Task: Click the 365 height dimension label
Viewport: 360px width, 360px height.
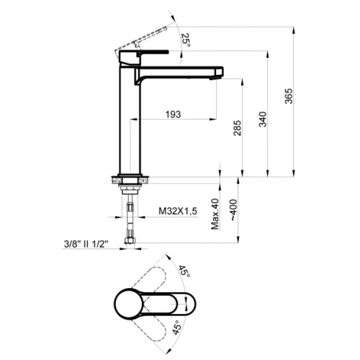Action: pyautogui.click(x=289, y=96)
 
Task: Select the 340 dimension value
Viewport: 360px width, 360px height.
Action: pyautogui.click(x=263, y=120)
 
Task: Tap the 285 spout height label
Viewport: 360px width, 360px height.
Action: pyautogui.click(x=237, y=128)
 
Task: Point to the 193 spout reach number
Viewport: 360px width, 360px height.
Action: pyautogui.click(x=173, y=114)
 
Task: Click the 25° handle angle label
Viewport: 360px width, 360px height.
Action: pyautogui.click(x=186, y=40)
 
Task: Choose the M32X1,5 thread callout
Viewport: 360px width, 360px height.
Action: pyautogui.click(x=178, y=211)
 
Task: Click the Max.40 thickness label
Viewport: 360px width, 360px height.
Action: pyautogui.click(x=215, y=214)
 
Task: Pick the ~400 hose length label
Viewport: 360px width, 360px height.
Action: pyautogui.click(x=233, y=210)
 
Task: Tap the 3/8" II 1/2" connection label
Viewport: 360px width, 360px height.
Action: pyautogui.click(x=86, y=244)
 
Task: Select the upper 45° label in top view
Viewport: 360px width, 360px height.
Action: pyautogui.click(x=184, y=271)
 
